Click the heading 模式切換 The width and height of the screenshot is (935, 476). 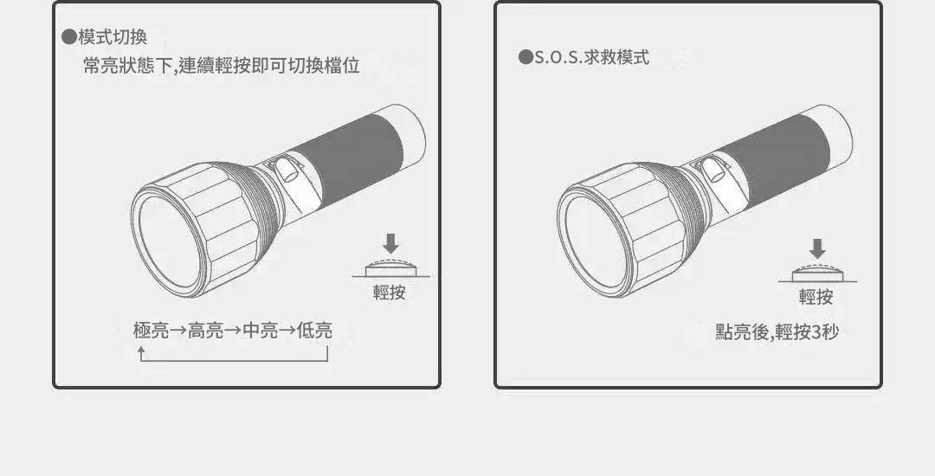click(x=113, y=37)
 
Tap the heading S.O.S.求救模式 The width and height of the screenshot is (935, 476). click(x=591, y=57)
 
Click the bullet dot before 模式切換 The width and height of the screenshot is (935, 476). click(x=69, y=37)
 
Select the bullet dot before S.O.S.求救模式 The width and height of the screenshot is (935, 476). click(x=526, y=57)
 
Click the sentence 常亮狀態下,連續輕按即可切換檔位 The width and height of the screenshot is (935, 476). click(x=222, y=66)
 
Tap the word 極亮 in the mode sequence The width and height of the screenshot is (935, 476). click(x=152, y=330)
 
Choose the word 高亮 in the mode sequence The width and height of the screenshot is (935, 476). click(x=206, y=330)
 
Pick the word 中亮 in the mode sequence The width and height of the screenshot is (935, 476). click(x=261, y=330)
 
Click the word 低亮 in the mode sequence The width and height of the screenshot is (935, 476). click(x=314, y=330)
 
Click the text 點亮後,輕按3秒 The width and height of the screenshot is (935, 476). click(x=777, y=331)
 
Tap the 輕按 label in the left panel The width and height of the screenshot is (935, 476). click(x=390, y=292)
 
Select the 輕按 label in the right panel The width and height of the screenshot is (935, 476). click(x=816, y=297)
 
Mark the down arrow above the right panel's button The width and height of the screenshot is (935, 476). click(x=817, y=248)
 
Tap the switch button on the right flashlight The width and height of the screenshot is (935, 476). click(x=713, y=170)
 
